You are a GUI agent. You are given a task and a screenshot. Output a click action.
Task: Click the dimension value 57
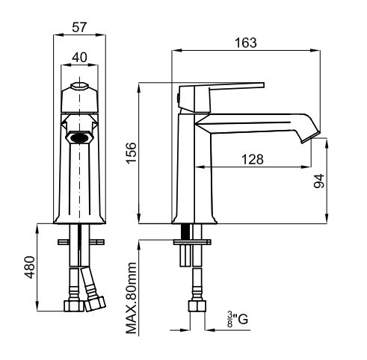pos(79,27)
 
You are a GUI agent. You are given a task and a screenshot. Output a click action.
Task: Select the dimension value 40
pos(79,58)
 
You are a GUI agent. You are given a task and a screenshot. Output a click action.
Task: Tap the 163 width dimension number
pos(246,43)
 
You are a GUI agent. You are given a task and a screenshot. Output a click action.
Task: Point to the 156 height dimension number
pos(132,153)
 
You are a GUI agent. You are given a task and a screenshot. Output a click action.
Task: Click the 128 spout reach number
pos(253,159)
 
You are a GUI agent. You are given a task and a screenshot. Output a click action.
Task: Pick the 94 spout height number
pos(319,181)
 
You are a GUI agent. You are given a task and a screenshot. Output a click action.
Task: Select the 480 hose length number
pos(30,267)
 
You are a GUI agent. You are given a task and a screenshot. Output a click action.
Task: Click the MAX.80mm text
pos(132,298)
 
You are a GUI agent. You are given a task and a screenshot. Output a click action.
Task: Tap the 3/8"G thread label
pos(238,320)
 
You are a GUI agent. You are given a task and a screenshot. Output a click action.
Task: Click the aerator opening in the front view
pos(79,137)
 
